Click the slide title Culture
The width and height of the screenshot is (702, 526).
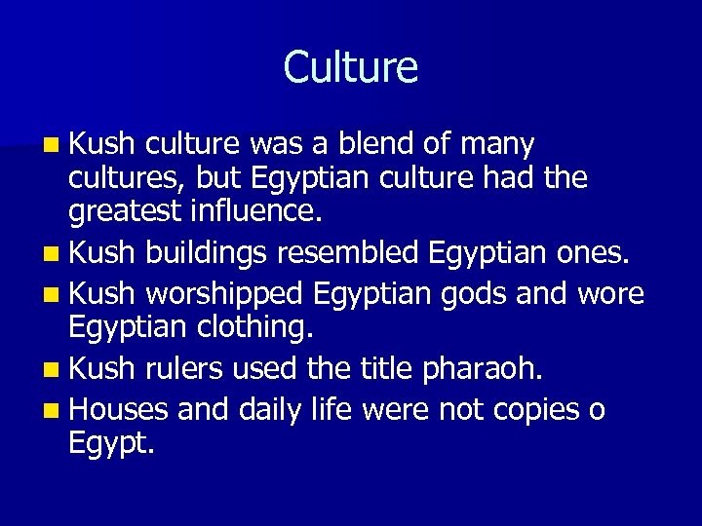(351, 67)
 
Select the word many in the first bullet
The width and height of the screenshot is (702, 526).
(497, 145)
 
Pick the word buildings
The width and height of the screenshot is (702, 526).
(206, 255)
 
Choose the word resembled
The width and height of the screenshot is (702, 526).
(347, 255)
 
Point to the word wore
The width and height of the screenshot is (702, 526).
(610, 293)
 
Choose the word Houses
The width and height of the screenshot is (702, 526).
(121, 409)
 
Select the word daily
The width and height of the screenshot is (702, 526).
(265, 409)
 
